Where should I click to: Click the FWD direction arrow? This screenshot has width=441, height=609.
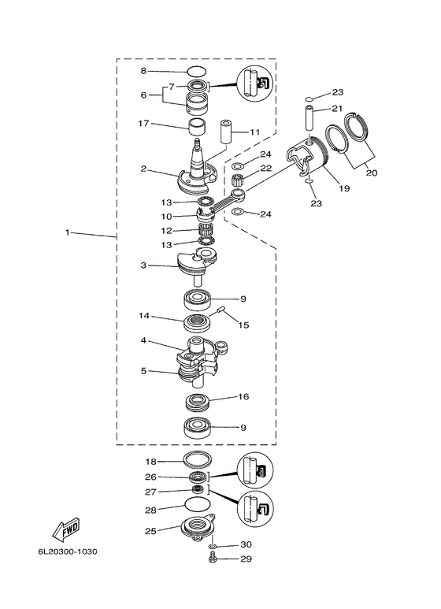[66, 529]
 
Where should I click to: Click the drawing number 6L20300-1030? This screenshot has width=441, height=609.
[68, 551]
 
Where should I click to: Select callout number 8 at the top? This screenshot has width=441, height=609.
[143, 71]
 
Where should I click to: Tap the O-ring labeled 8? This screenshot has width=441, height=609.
[196, 72]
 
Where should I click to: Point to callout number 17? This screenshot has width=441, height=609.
[143, 124]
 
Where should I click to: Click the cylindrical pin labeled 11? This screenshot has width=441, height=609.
[227, 132]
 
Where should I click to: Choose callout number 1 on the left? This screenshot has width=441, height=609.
[67, 232]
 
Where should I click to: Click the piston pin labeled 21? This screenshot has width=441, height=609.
[309, 118]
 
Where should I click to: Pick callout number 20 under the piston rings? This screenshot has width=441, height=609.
[372, 173]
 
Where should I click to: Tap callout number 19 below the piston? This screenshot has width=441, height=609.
[344, 188]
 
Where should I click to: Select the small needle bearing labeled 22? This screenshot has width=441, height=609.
[236, 180]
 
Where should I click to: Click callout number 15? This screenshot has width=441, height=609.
[243, 325]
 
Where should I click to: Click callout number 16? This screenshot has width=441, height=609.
[243, 396]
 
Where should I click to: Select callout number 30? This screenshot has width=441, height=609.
[246, 544]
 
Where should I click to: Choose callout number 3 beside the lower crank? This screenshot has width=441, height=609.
[143, 266]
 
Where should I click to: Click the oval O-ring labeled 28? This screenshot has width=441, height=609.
[197, 505]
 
